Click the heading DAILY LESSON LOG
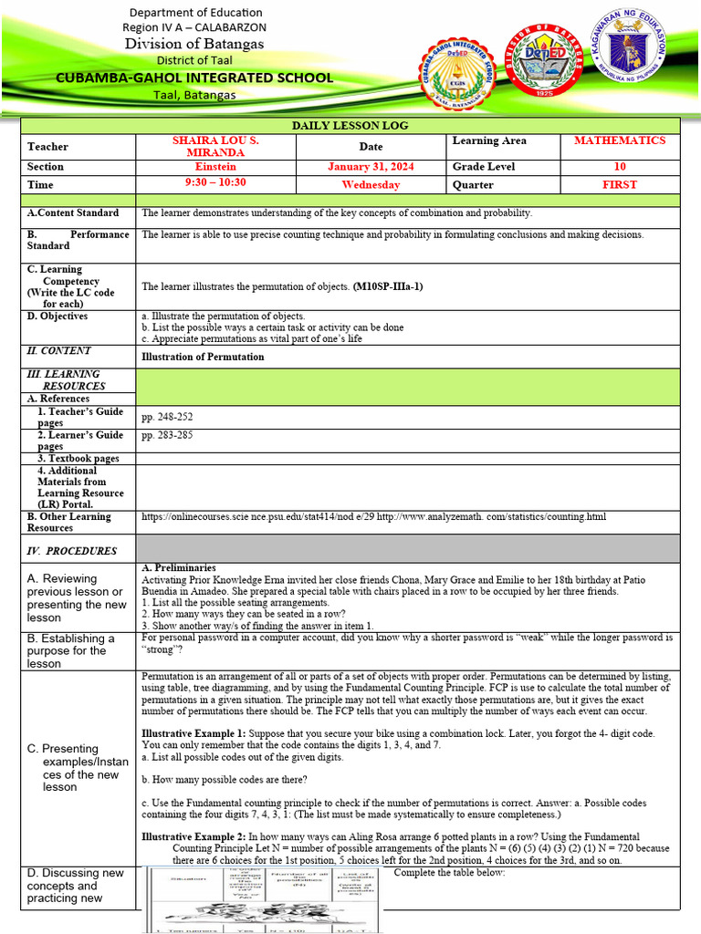click(350, 125)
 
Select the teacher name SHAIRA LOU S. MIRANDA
click(215, 146)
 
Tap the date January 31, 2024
click(371, 167)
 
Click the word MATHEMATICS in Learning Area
click(620, 140)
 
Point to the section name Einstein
click(215, 167)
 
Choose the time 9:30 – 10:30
click(215, 184)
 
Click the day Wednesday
click(371, 184)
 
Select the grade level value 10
click(620, 167)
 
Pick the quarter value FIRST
click(620, 184)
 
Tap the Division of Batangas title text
click(194, 44)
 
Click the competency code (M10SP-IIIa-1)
click(387, 286)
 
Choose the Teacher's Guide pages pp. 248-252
click(167, 417)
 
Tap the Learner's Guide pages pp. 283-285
click(167, 436)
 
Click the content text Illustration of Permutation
click(203, 357)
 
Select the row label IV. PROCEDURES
click(72, 551)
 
